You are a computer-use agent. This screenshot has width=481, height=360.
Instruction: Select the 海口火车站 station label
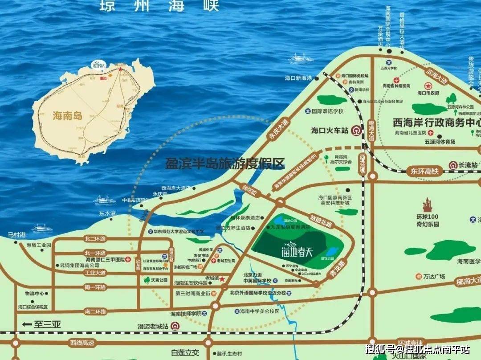tap(329, 131)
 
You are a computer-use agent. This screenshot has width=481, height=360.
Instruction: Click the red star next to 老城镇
tap(222, 279)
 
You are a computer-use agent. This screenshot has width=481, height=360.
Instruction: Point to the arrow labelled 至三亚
tap(41, 324)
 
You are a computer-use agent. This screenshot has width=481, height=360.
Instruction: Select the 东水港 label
tap(107, 213)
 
